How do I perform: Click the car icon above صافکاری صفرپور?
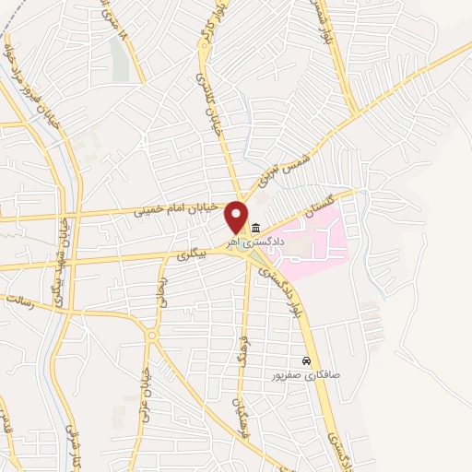coord(306,361)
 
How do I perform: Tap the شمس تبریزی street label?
coord(293,164)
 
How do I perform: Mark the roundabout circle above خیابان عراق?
coord(151,336)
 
